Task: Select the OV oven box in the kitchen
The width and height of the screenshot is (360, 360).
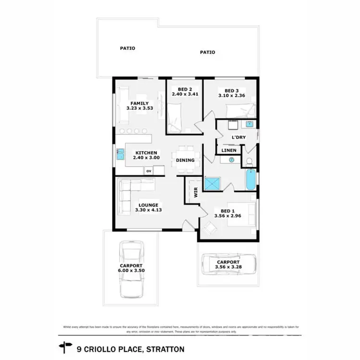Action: [148, 170]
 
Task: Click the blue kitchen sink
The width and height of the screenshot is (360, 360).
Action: [120, 155]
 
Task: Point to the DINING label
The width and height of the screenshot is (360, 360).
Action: [185, 160]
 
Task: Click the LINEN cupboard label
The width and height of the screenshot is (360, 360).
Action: [228, 151]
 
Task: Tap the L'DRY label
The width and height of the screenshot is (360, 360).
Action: [239, 138]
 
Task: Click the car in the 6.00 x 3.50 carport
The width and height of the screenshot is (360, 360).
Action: [131, 268]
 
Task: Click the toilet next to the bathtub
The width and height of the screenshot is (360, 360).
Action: [249, 161]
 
